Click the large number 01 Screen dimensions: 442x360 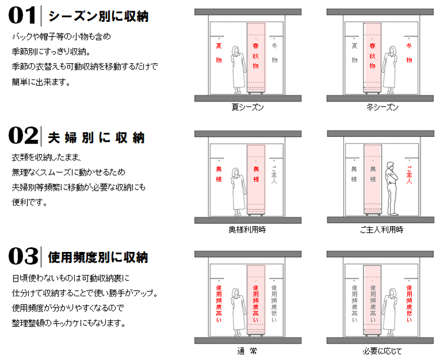pos(22,16)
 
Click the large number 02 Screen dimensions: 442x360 pos(23,136)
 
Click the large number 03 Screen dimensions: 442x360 pos(23,256)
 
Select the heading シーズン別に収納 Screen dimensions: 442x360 pos(99,17)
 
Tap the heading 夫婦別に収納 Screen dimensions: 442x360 pos(96,138)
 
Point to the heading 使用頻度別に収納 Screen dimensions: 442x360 pos(98,257)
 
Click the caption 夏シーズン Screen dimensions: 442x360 pos(247,107)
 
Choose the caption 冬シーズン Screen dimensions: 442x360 pos(382,107)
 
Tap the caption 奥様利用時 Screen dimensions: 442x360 pos(247,230)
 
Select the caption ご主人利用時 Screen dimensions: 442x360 pos(382,230)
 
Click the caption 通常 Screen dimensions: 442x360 pos(247,351)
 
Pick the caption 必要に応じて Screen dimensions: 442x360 pos(382,351)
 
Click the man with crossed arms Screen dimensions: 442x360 pos(392,189)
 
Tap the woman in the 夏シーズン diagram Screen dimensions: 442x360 pos(238,70)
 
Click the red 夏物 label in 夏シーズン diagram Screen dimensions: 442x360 pos(219,53)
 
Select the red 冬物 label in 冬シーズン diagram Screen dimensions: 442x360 pos(409,53)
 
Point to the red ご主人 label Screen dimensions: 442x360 pos(410,175)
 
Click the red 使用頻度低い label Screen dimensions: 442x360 pos(410,303)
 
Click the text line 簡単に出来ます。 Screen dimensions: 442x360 pos(41,82)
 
